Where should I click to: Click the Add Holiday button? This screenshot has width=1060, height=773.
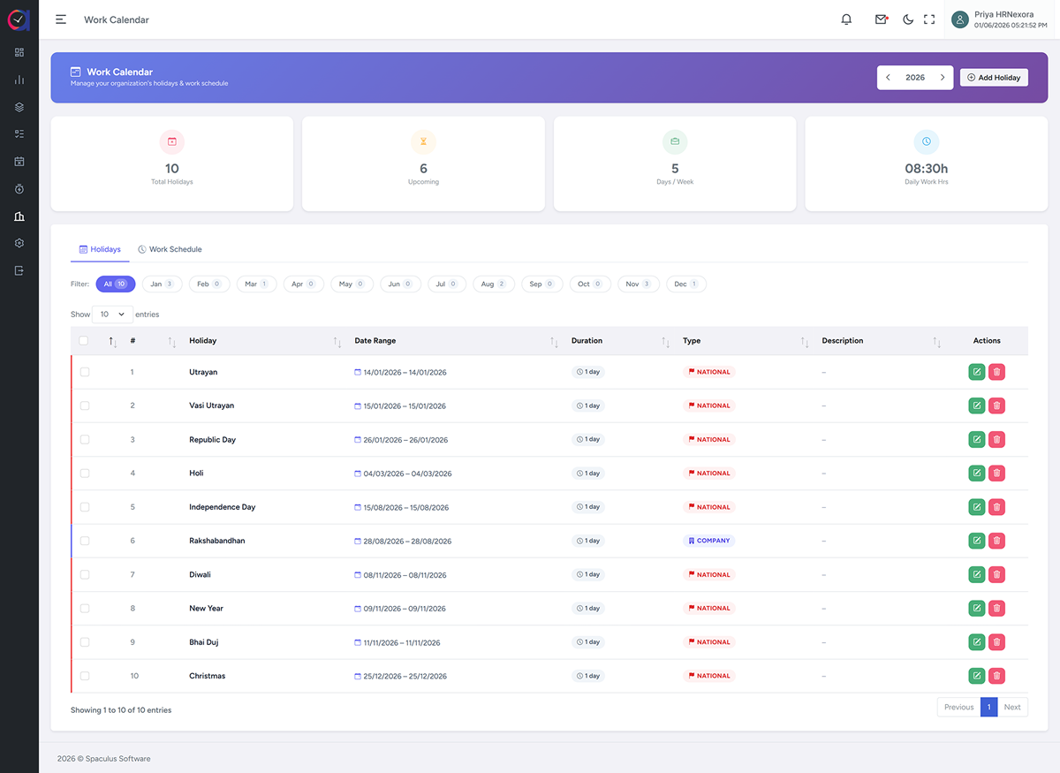(x=994, y=78)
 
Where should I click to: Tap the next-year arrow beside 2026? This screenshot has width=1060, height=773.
(x=943, y=78)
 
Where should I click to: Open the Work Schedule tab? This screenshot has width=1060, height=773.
(x=170, y=249)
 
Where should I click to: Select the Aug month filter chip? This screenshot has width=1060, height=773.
(x=493, y=284)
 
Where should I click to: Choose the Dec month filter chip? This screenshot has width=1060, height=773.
(x=685, y=284)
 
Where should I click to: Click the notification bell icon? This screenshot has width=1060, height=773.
(x=846, y=19)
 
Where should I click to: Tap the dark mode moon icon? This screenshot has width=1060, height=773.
(x=908, y=19)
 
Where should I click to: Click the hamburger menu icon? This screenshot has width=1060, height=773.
(x=61, y=19)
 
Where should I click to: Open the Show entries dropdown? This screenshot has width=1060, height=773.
(x=112, y=315)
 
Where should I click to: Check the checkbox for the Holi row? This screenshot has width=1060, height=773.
(x=85, y=474)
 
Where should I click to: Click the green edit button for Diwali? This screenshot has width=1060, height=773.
(x=977, y=574)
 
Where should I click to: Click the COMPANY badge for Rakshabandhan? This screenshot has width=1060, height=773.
(x=708, y=541)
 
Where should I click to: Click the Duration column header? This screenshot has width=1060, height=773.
(x=587, y=341)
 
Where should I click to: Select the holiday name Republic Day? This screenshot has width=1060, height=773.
(x=213, y=440)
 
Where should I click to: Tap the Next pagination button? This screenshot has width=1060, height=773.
(x=1012, y=708)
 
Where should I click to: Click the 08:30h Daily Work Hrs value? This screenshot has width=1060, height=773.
(x=926, y=169)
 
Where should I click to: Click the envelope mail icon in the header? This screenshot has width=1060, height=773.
(x=882, y=19)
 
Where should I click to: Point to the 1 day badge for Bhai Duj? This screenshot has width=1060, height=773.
(x=588, y=642)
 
